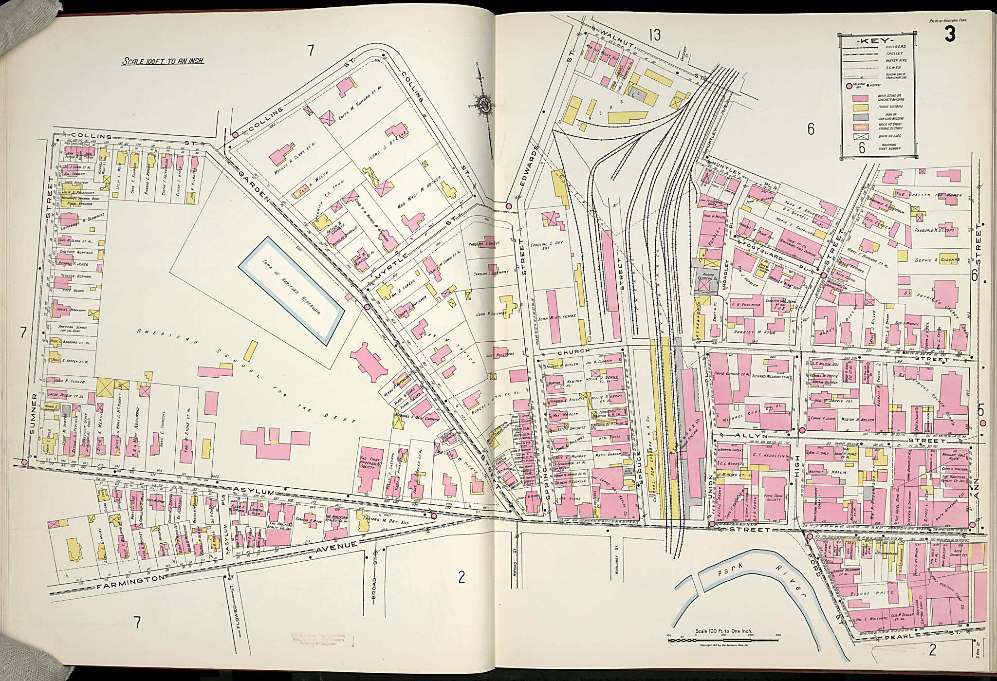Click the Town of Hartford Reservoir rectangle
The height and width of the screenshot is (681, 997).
(x=291, y=290)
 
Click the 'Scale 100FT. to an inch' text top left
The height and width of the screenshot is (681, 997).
(x=162, y=62)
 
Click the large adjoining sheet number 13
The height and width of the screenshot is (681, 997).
(x=654, y=35)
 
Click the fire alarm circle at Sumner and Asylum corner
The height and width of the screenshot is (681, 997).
(x=24, y=461)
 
